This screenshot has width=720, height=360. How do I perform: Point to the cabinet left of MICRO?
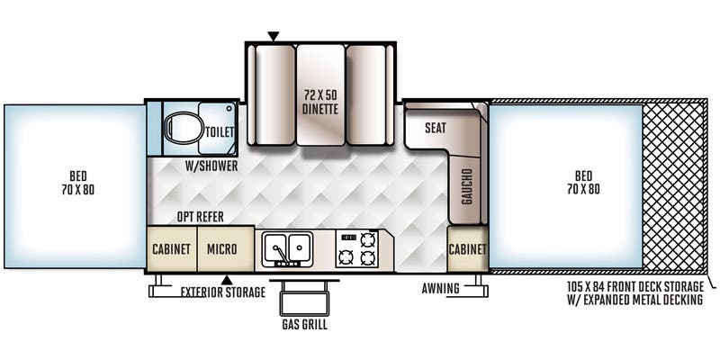pyautogui.click(x=171, y=249)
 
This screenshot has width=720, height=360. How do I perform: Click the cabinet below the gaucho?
pyautogui.click(x=467, y=249)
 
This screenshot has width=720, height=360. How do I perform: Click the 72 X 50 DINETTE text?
pyautogui.click(x=319, y=103)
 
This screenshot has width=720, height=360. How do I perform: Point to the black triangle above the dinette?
pyautogui.click(x=273, y=36)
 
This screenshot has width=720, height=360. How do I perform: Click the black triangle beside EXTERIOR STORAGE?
pyautogui.click(x=228, y=280)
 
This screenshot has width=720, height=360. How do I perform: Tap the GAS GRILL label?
pyautogui.click(x=304, y=325)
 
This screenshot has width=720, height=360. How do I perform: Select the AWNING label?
pyautogui.click(x=440, y=290)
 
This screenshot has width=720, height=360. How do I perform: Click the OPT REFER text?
pyautogui.click(x=200, y=217)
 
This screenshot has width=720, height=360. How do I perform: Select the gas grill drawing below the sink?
pyautogui.click(x=304, y=296)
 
